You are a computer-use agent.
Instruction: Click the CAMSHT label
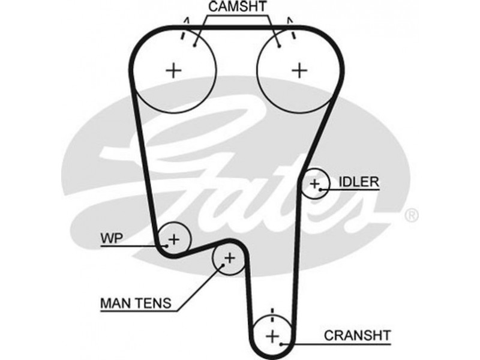coord(238,8)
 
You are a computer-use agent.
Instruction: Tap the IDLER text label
coord(359,180)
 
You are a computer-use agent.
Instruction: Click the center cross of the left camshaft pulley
coord(173,70)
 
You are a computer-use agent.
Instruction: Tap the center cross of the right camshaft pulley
coord(298,70)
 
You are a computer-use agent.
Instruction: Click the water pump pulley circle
coord(173,238)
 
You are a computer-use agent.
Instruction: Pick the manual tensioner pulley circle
coord(229,259)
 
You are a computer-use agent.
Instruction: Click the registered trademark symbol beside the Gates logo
coord(412,214)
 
